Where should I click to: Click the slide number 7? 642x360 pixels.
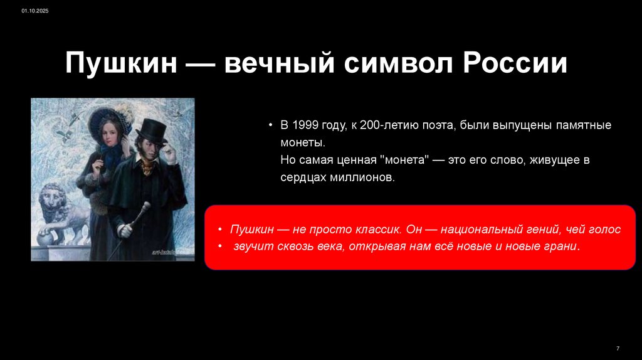[x=618, y=348]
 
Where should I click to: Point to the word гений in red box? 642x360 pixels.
[x=546, y=230]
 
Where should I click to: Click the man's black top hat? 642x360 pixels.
[x=152, y=130]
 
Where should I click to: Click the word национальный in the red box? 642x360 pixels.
[x=476, y=230]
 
